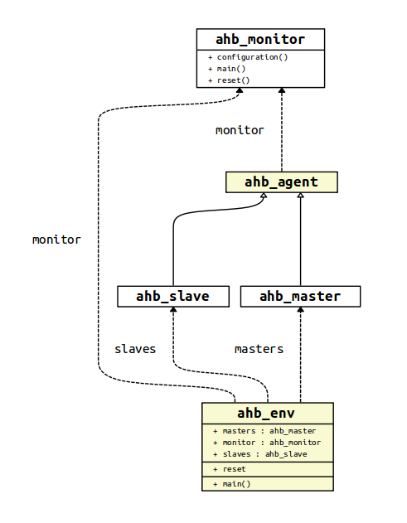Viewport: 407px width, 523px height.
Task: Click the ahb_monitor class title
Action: click(260, 39)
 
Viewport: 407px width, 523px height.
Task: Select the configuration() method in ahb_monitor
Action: click(252, 57)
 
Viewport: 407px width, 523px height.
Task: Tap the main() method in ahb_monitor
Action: click(231, 69)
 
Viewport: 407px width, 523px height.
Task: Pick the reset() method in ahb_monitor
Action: click(233, 80)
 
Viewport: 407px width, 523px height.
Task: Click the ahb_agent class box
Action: click(281, 182)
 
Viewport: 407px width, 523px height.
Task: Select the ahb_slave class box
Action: click(172, 296)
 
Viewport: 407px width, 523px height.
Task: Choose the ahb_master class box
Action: click(300, 296)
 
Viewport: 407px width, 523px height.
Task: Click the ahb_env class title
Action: click(267, 413)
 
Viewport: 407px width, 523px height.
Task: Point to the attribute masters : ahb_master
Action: click(269, 431)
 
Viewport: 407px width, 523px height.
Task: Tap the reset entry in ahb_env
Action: click(234, 469)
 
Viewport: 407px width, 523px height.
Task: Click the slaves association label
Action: click(135, 349)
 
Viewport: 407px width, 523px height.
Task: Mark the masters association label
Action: click(259, 349)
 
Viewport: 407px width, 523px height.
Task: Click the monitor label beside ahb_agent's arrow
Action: click(240, 130)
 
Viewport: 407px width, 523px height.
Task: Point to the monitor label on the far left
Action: click(56, 240)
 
